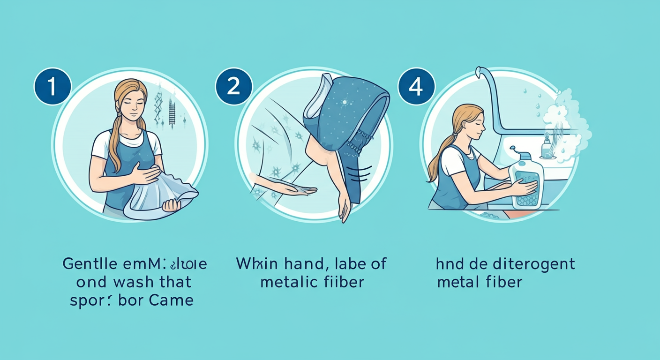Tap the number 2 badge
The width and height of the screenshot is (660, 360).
click(x=233, y=86)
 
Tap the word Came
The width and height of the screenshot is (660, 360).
click(x=172, y=300)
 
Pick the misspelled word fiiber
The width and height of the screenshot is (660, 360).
click(x=342, y=282)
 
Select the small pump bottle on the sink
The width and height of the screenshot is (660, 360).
click(x=547, y=146)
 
